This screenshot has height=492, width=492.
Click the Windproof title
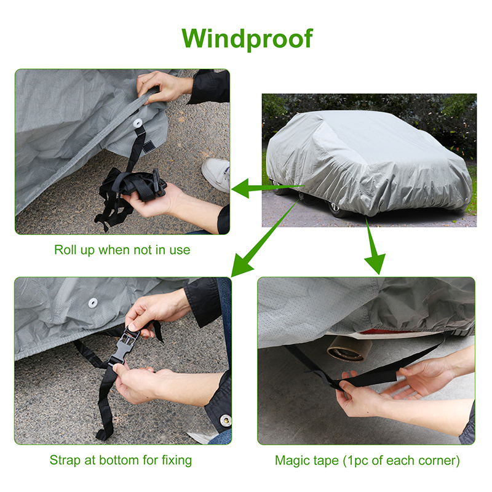point(247,39)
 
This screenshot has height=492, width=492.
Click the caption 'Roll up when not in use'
point(122,250)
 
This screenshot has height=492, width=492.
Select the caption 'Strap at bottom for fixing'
point(121,460)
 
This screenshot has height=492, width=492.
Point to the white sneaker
point(216,173)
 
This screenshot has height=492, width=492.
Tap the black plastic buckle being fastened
point(124,345)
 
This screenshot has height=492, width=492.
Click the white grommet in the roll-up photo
point(137,123)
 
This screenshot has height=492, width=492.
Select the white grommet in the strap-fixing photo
point(93,303)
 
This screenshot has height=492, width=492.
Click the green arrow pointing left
point(268,188)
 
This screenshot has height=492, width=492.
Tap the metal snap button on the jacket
point(224,420)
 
